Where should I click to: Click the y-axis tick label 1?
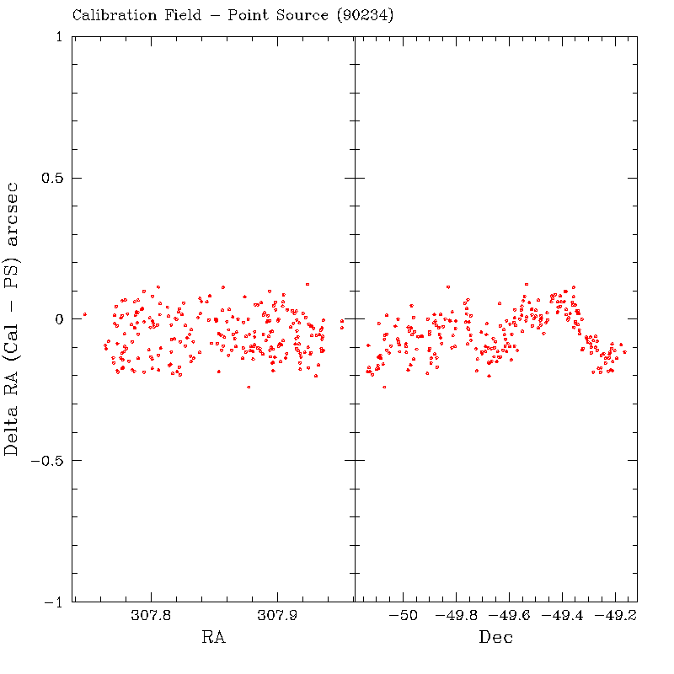[x=58, y=37]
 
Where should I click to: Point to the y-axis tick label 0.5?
[x=52, y=179]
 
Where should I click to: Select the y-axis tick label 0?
[x=58, y=319]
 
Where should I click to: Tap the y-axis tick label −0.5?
[x=47, y=461]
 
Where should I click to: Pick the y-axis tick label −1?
[x=53, y=602]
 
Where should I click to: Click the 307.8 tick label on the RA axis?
[x=151, y=617]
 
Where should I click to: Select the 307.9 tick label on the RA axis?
[x=277, y=617]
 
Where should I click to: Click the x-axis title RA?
[x=213, y=638]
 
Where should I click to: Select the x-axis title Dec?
[x=495, y=638]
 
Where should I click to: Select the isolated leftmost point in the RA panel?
[x=84, y=314]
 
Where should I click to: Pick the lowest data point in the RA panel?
[x=249, y=387]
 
